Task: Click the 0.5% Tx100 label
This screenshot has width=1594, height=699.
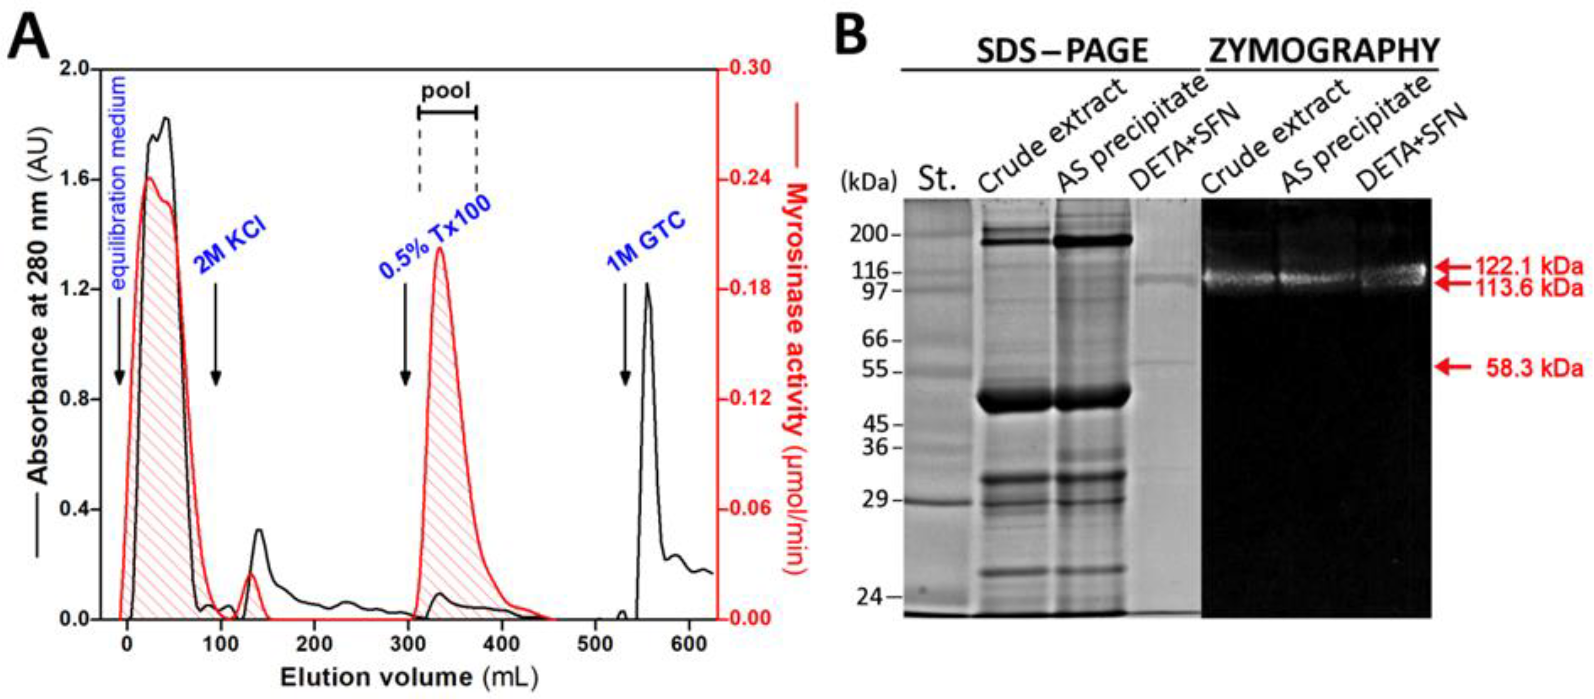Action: pos(435,236)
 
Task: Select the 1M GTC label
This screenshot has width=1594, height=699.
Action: pos(645,242)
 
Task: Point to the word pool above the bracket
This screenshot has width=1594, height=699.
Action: pos(446,91)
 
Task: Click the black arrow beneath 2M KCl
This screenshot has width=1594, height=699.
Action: pos(215,335)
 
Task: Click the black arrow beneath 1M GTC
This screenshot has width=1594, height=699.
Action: pos(625,335)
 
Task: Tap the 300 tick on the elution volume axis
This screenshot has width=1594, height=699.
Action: pos(408,644)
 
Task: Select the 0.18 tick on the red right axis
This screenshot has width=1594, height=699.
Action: pos(749,288)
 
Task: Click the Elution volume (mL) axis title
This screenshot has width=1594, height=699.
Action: pos(409,677)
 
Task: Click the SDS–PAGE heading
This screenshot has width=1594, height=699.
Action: pos(1062,51)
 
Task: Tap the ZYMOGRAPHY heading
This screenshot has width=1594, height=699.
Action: pos(1324,51)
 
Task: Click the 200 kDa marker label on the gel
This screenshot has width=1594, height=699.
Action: pos(868,234)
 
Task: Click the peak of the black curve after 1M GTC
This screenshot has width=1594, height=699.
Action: pos(647,284)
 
